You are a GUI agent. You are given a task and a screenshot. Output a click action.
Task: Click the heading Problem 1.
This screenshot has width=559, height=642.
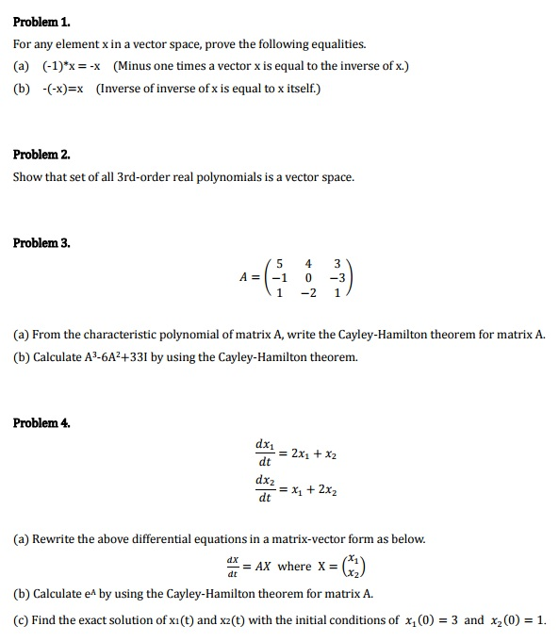[42, 21]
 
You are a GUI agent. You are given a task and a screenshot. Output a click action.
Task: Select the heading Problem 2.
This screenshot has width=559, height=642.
[42, 154]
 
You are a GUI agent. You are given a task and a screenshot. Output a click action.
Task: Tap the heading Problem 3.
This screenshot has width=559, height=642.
[42, 243]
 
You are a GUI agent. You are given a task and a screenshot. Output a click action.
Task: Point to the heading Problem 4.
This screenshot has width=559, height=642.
[42, 423]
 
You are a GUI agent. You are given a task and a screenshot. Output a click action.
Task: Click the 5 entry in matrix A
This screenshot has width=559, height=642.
[280, 262]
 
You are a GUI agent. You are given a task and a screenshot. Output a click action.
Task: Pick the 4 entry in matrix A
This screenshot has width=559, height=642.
[307, 262]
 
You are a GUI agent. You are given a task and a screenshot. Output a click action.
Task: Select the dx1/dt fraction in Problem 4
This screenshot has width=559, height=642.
[265, 453]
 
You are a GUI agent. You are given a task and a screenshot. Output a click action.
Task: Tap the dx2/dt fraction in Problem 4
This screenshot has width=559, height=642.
[265, 488]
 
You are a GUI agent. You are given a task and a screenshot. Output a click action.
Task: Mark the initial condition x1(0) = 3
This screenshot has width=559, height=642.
[431, 620]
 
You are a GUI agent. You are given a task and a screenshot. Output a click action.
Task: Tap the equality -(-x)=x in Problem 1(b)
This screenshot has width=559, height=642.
[61, 89]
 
